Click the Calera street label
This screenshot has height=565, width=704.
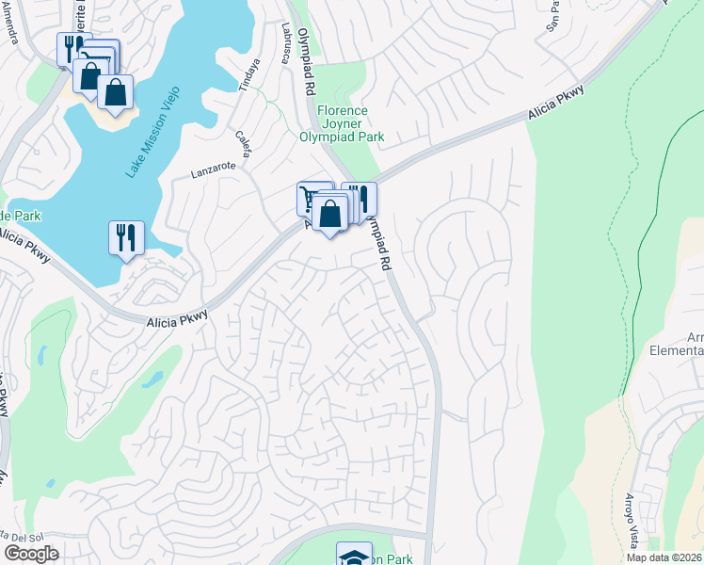pos(244,144)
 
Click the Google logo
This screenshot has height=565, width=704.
pos(31,553)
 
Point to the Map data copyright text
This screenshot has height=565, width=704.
pos(664,557)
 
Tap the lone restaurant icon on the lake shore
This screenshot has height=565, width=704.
pos(126,238)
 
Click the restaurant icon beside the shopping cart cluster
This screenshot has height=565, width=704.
pos(359,200)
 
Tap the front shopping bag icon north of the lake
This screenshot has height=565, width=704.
pos(115,93)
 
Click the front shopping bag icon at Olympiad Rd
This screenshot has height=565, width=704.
pos(329,214)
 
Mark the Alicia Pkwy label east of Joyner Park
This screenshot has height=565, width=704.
pos(556,103)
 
